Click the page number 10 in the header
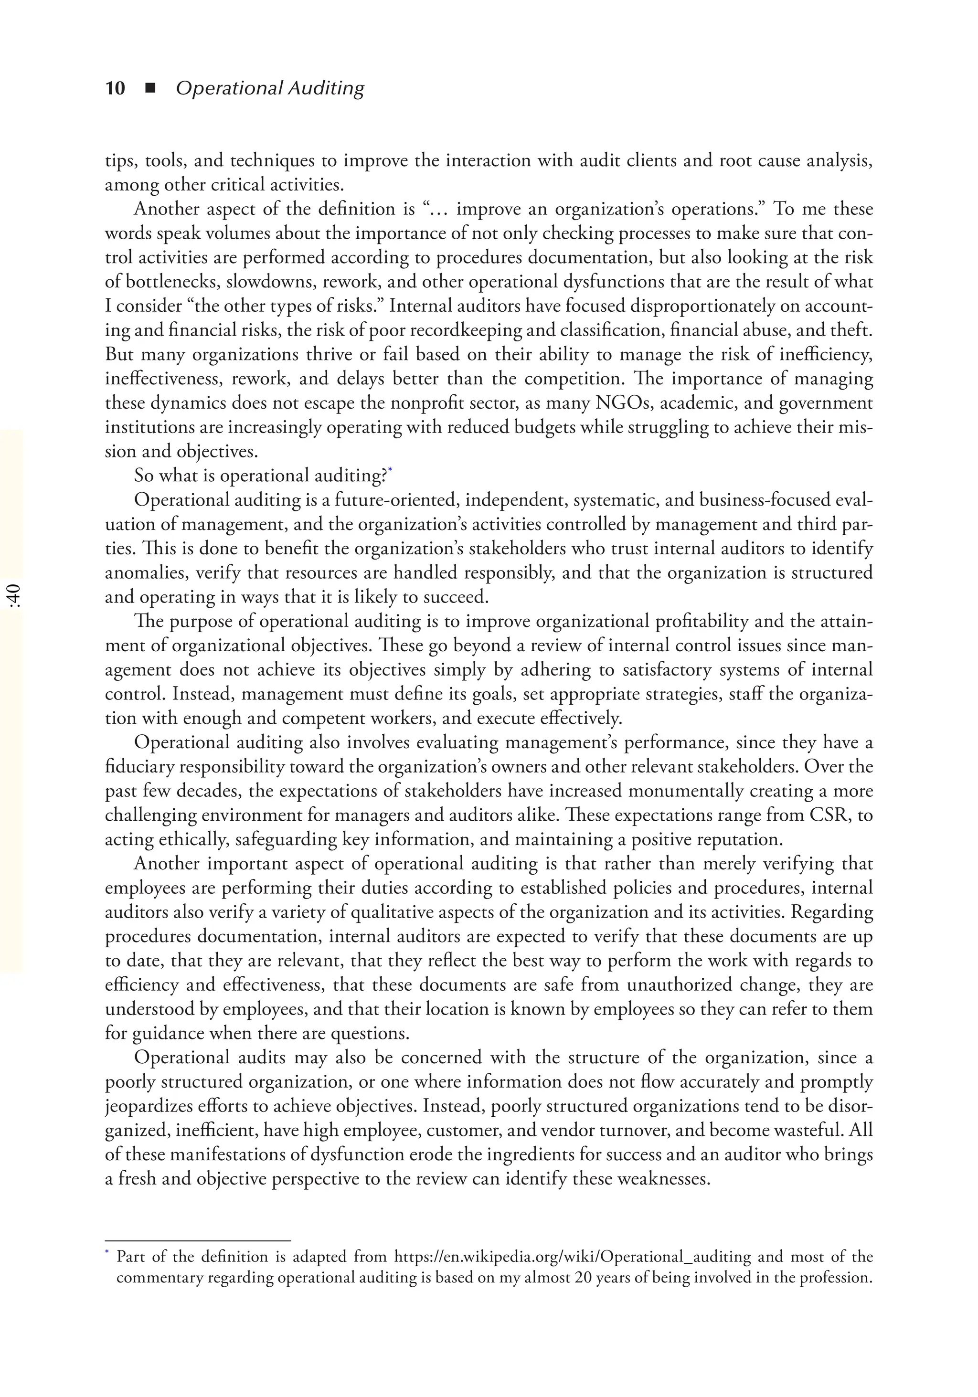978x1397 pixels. click(115, 88)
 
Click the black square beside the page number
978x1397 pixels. click(150, 89)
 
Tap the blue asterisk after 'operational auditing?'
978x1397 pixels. click(390, 470)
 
